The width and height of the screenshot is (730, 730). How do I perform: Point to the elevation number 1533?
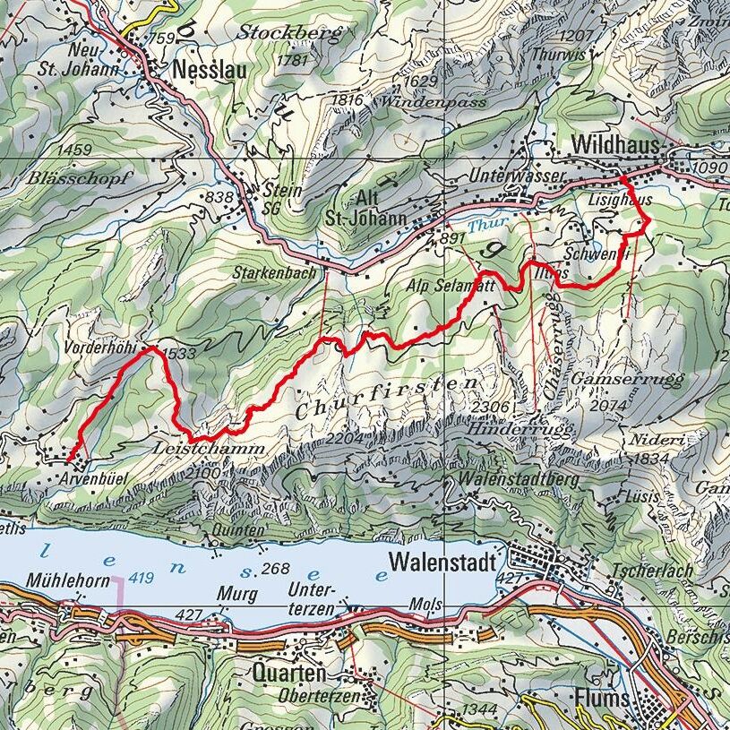click(x=180, y=355)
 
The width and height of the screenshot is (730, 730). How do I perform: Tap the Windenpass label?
click(x=434, y=103)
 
